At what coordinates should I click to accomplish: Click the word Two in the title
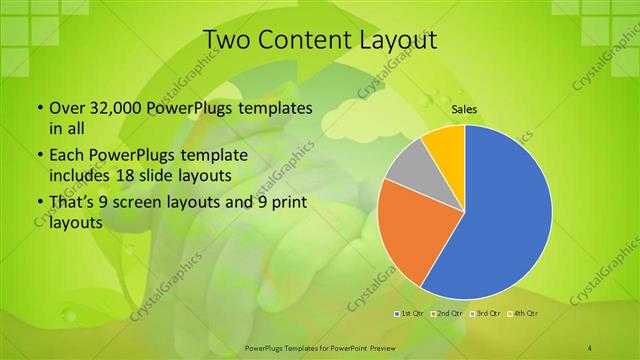pyautogui.click(x=226, y=41)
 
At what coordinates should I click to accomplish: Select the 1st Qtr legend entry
pyautogui.click(x=410, y=314)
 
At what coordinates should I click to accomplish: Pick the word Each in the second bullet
pyautogui.click(x=65, y=155)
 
